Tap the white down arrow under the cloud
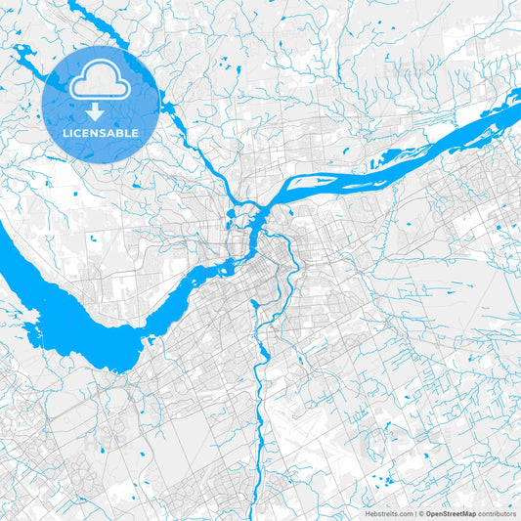tap(95, 109)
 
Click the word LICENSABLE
tap(101, 132)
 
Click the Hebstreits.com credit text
tap(388, 512)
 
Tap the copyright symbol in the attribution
tap(420, 512)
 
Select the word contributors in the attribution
tap(497, 512)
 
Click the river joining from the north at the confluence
tap(231, 200)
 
